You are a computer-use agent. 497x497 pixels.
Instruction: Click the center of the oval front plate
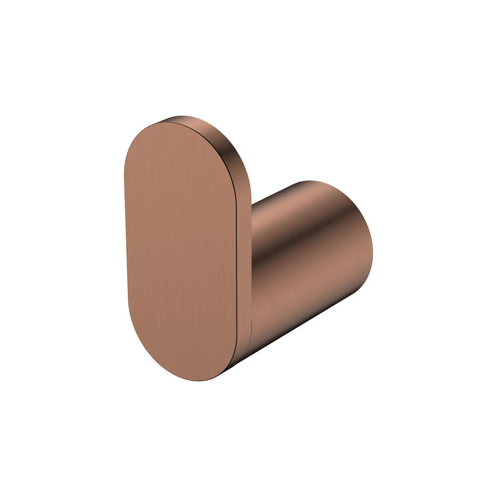click(180, 251)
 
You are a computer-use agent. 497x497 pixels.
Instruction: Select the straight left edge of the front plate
click(125, 239)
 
